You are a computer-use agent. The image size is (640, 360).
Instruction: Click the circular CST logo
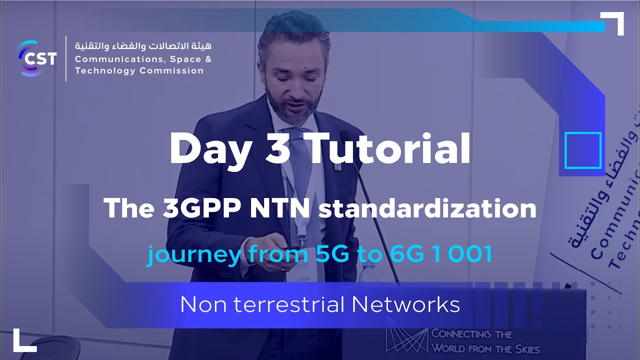36,58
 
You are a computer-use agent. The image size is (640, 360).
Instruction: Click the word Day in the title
210,149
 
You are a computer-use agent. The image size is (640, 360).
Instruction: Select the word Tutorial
389,149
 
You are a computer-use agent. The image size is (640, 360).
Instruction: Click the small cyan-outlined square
582,150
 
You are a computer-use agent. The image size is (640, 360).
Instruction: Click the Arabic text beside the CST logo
143,46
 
